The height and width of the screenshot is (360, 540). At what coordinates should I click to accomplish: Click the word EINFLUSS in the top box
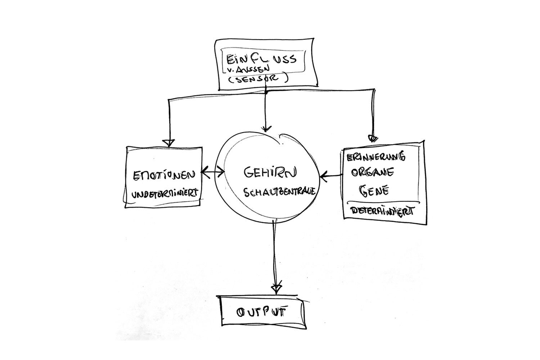262,59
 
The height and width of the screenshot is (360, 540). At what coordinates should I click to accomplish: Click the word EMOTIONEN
164,175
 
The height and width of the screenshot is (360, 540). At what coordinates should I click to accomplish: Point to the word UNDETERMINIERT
165,193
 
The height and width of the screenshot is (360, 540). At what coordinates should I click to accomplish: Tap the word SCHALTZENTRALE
279,192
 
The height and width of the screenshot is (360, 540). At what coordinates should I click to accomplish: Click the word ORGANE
372,173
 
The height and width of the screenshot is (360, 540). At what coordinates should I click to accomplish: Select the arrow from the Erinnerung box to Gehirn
331,176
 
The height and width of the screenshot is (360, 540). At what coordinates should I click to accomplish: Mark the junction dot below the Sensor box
266,93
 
